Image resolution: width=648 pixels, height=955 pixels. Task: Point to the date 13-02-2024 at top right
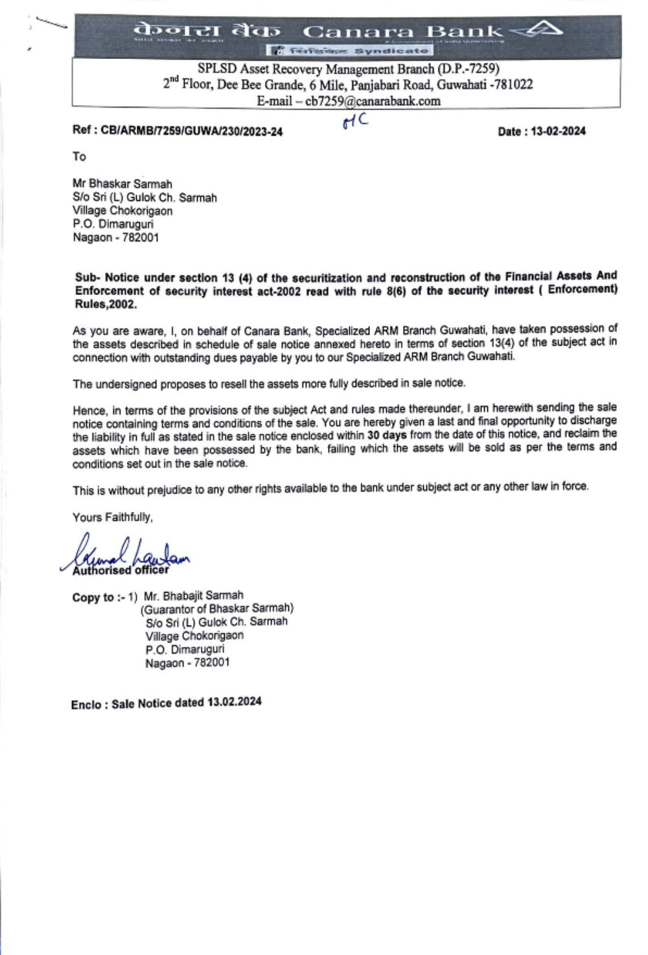pyautogui.click(x=558, y=132)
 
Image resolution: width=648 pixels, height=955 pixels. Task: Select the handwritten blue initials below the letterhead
pyautogui.click(x=355, y=121)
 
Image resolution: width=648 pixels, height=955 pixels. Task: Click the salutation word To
pyautogui.click(x=79, y=156)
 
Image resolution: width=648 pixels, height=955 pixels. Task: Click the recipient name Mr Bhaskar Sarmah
pyautogui.click(x=122, y=184)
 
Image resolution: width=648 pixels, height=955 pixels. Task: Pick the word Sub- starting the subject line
pyautogui.click(x=87, y=277)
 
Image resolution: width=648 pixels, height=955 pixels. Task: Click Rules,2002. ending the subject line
pyautogui.click(x=106, y=305)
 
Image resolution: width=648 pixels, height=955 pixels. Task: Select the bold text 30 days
pyautogui.click(x=387, y=435)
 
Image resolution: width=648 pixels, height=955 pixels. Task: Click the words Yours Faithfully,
pyautogui.click(x=113, y=517)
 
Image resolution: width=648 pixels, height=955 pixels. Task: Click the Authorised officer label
pyautogui.click(x=121, y=571)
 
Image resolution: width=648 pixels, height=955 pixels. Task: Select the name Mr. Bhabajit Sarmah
pyautogui.click(x=194, y=595)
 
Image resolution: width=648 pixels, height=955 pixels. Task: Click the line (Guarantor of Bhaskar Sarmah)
pyautogui.click(x=217, y=608)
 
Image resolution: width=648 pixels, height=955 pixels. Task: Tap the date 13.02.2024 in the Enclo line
pyautogui.click(x=235, y=702)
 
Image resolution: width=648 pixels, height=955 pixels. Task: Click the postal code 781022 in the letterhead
pyautogui.click(x=513, y=85)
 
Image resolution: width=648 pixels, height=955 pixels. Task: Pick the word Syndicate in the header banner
pyautogui.click(x=391, y=51)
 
